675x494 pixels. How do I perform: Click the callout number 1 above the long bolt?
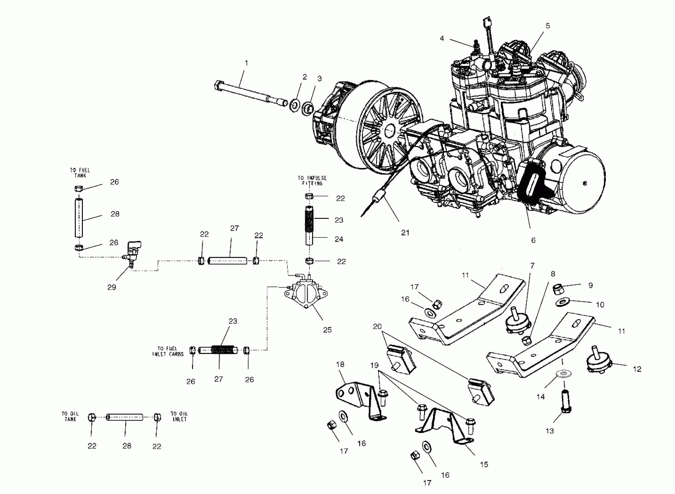tap(246, 63)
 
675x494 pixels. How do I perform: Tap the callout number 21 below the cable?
tap(405, 233)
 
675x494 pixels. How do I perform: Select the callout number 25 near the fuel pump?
tap(327, 330)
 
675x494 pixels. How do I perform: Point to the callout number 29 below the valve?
tap(112, 287)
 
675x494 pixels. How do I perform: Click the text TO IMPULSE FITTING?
tap(312, 181)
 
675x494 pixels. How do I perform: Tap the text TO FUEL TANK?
tap(80, 173)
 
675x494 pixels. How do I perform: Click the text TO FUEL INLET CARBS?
tap(168, 351)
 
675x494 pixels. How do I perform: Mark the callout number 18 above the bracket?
tap(340, 364)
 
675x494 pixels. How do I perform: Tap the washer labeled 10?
tap(563, 302)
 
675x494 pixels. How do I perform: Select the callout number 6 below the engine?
tap(533, 240)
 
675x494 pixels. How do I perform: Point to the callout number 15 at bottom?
tap(484, 464)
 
